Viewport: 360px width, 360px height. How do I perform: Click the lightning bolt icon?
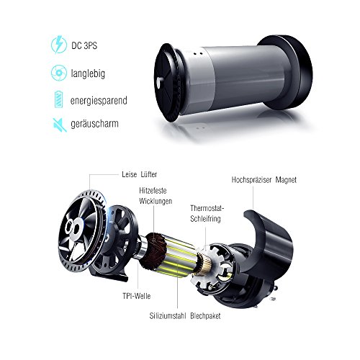click(59, 45)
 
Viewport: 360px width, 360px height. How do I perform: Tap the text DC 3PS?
click(84, 45)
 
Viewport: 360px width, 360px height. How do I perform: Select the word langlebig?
click(88, 73)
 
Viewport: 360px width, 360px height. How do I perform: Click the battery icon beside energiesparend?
click(58, 99)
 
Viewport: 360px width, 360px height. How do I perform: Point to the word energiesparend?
click(99, 101)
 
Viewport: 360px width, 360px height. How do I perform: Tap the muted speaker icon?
click(60, 125)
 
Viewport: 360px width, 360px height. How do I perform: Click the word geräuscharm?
click(94, 124)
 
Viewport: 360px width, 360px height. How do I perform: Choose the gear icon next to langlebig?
click(59, 73)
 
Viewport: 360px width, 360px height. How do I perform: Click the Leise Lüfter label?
click(139, 174)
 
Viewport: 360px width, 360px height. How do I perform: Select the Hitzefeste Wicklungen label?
click(156, 196)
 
